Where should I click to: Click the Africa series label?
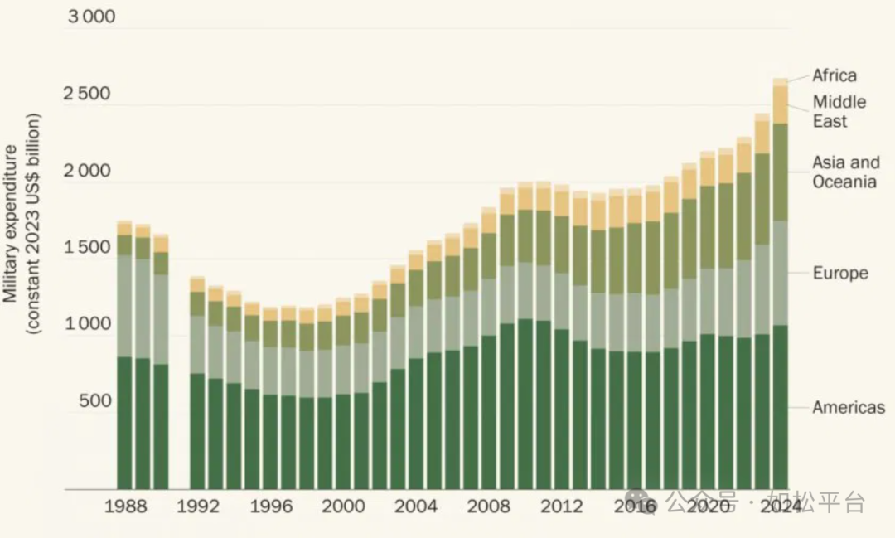point(834,75)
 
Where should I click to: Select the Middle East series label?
point(839,111)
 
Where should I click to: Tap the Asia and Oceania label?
point(844,172)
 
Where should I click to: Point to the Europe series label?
point(839,273)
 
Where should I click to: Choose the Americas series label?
point(849,407)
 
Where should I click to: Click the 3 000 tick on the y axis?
point(91,17)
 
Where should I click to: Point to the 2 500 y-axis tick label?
point(87,94)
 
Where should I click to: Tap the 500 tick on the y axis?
point(94,401)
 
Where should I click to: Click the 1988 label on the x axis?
point(127,506)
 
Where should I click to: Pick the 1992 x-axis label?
point(198,506)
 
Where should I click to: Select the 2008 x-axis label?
point(489,506)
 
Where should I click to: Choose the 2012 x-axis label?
point(562,506)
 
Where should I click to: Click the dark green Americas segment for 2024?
point(780,406)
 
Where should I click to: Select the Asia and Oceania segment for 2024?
point(780,172)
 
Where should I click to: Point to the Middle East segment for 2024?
point(780,104)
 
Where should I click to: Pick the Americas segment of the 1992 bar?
point(197,431)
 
